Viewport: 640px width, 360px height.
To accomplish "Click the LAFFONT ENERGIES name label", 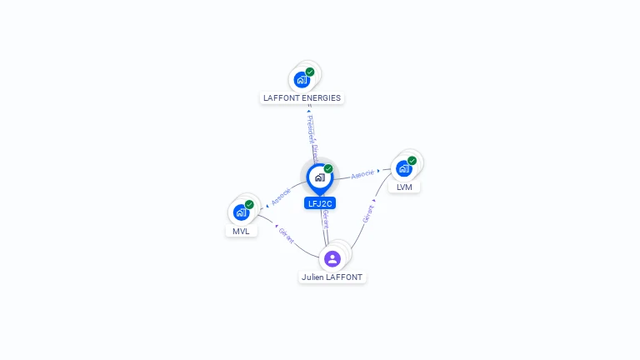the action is (302, 97).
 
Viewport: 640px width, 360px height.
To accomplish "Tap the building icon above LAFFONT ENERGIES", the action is (301, 80).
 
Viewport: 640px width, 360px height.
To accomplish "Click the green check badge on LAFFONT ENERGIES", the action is (310, 72).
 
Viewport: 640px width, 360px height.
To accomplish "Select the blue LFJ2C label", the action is (320, 202).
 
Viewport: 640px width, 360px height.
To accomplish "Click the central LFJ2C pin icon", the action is (319, 177).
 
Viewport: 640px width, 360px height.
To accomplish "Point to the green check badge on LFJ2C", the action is (328, 168).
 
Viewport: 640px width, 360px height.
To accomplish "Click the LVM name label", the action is (404, 187).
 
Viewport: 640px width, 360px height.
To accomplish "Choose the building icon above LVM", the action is (403, 168).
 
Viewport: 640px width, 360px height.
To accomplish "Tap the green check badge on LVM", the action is (412, 160).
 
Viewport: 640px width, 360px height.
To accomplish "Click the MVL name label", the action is (241, 231).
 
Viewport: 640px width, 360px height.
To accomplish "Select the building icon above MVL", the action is (241, 212).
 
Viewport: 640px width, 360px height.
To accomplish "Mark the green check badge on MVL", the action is (250, 204).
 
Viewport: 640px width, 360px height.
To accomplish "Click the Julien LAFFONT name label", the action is (332, 277).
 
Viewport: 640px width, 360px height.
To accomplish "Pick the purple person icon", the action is (332, 258).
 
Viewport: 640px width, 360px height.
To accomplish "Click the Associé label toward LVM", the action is (362, 174).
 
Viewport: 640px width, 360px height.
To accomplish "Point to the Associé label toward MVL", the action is (281, 197).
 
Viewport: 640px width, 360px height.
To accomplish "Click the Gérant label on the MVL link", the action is (286, 235).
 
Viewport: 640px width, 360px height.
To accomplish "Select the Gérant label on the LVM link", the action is (368, 213).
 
